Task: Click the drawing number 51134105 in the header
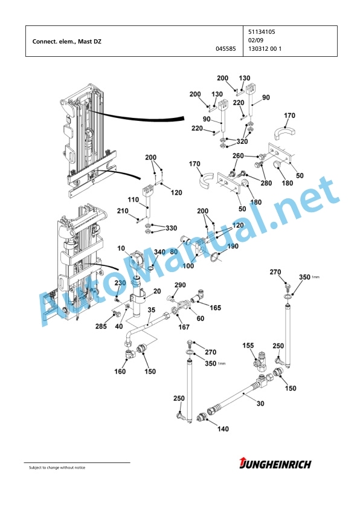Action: coord(262,32)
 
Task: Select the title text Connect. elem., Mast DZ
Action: coord(67,42)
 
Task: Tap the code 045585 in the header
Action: coord(226,49)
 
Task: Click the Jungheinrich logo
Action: coord(275,464)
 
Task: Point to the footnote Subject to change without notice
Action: coord(57,468)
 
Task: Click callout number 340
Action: coord(159,252)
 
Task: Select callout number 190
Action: coord(233,246)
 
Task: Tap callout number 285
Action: coord(101,326)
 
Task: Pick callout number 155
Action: coord(248,345)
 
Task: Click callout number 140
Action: coord(223,429)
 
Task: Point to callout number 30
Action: coord(260,403)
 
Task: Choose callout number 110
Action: coord(133,199)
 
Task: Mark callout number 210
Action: coord(123,211)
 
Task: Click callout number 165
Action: coord(216,308)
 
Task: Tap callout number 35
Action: coord(152,310)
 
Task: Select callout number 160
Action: coord(120,371)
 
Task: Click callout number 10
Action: coord(121,248)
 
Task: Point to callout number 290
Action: coord(180,285)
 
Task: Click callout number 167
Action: coord(184,327)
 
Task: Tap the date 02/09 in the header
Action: coord(256,41)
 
